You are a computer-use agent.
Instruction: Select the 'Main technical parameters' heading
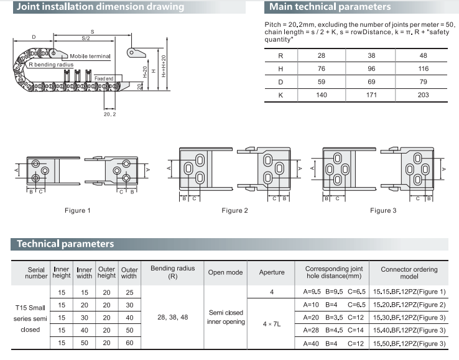(330, 7)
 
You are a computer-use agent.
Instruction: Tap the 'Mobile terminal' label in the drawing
(90, 56)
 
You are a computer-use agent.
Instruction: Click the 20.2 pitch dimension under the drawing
(109, 114)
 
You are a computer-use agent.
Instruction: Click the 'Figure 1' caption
(78, 210)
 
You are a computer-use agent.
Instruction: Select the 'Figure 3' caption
(383, 210)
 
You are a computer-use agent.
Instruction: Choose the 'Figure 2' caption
(234, 210)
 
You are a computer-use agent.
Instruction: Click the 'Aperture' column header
(272, 272)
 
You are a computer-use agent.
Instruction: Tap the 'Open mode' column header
(225, 272)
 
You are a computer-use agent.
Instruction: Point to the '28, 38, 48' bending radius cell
(173, 317)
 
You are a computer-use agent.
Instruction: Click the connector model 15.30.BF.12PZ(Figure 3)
(409, 318)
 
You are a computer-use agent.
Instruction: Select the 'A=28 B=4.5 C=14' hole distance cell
(330, 331)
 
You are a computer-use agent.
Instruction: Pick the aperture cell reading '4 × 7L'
(272, 324)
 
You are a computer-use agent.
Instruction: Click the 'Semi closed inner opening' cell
(225, 317)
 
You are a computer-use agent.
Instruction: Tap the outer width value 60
(129, 344)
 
